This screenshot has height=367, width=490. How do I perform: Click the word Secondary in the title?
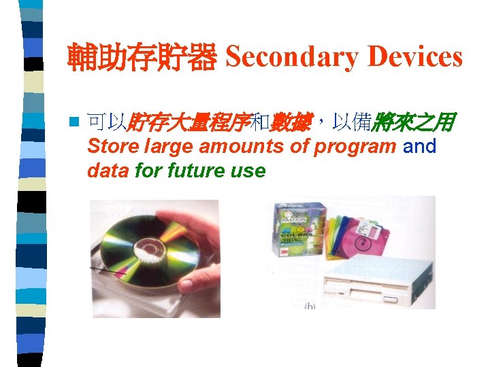click(x=292, y=57)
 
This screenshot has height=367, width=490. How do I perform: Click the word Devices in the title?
click(x=414, y=57)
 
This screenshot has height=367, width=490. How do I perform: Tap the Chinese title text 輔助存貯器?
click(x=142, y=58)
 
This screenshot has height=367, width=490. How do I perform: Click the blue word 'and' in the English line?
click(x=420, y=147)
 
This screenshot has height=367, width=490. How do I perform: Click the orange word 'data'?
click(x=108, y=170)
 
